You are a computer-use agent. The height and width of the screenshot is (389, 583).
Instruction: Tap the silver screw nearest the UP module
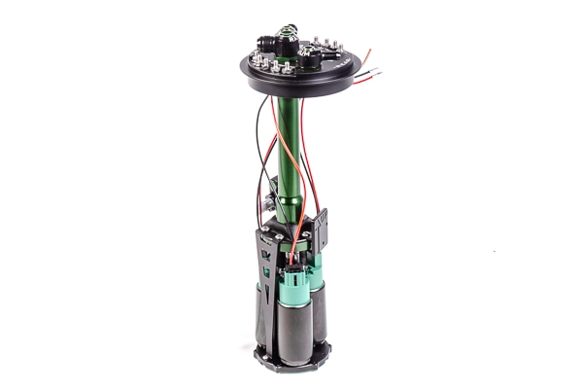pos(308,234)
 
